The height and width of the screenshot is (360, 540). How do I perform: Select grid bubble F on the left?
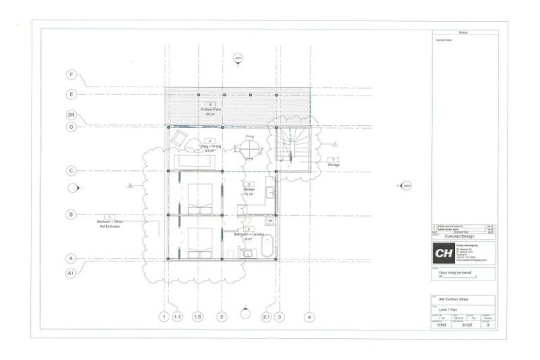[71, 75]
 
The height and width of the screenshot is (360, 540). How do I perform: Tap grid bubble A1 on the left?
[71, 272]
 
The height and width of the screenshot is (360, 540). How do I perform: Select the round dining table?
[250, 149]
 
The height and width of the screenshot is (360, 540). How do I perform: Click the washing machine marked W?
[269, 220]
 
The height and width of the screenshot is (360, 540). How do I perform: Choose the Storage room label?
[333, 163]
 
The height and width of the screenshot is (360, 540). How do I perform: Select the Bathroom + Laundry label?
[248, 233]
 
